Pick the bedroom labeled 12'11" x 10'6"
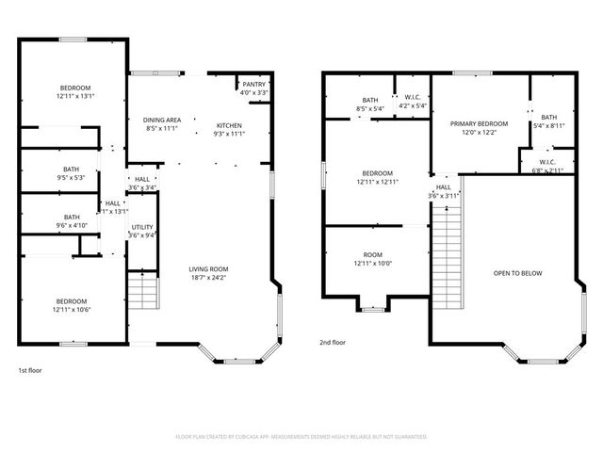coord(72,305)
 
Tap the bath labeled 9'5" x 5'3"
coord(72,174)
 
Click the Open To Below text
coord(517,273)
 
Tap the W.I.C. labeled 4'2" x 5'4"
coord(413,102)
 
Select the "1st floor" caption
coord(29,370)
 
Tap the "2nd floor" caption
coord(333,342)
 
